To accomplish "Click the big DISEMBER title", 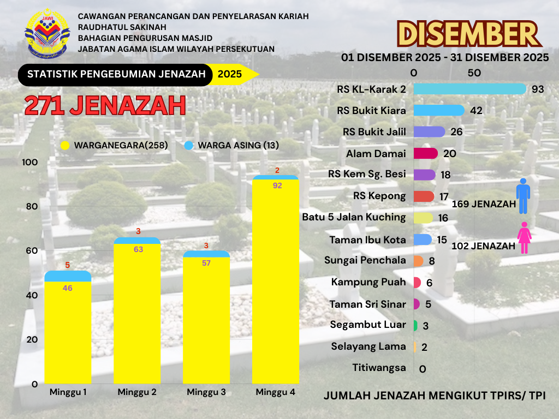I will [469, 34].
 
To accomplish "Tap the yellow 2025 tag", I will [230, 75].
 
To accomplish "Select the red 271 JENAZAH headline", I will [105, 105].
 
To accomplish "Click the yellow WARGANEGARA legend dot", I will [65, 146].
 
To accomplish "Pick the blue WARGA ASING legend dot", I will [189, 146].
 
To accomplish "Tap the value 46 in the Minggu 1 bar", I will [68, 288].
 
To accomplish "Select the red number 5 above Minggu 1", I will [68, 265].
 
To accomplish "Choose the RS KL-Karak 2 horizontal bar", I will [469, 89].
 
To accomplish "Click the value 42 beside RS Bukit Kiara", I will [476, 111].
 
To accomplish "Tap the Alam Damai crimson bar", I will [426, 153].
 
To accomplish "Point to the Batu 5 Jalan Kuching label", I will [354, 217].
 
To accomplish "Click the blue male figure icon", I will [524, 195].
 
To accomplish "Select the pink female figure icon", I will [524, 238].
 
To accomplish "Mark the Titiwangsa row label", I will [379, 368].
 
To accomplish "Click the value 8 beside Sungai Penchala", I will [432, 261].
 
